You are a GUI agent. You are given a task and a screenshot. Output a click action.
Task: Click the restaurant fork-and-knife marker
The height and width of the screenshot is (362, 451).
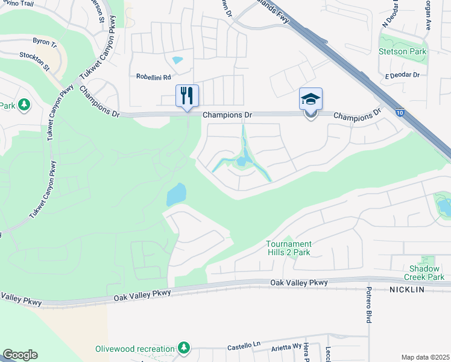187,95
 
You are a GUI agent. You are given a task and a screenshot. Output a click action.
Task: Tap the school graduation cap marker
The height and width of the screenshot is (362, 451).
311,99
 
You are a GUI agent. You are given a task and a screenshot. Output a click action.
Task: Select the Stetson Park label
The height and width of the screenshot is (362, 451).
402,51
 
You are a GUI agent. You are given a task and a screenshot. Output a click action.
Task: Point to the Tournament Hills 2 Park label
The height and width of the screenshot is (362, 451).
288,248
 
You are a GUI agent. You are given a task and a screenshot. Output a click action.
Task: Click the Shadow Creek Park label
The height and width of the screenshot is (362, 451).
427,273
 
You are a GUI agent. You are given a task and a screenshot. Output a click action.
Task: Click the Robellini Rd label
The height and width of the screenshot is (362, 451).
154,77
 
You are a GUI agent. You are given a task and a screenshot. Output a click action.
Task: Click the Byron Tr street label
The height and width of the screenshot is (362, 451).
45,44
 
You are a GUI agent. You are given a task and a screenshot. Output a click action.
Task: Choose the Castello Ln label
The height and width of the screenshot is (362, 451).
243,346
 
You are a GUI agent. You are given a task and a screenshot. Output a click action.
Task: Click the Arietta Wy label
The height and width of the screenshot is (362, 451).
289,346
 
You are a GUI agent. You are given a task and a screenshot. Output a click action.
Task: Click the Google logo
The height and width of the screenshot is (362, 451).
20,355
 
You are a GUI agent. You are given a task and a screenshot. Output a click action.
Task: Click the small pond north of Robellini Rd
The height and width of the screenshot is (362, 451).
177,60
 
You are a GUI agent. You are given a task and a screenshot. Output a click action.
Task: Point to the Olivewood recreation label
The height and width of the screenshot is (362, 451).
134,349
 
